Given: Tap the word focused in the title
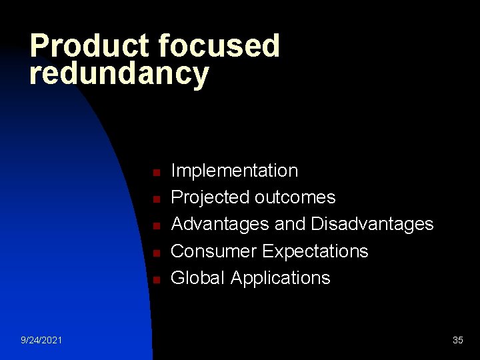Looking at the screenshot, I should [x=219, y=47].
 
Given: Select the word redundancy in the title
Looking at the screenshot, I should [x=119, y=73].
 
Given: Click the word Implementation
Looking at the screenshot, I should [x=235, y=171].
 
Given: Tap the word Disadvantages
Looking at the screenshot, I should [x=372, y=224].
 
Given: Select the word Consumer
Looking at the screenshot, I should [x=214, y=251].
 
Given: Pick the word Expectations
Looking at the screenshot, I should [x=315, y=251].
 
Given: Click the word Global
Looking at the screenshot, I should [x=198, y=278].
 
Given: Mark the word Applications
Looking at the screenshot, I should [x=280, y=278].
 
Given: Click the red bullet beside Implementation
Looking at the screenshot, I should [x=154, y=173].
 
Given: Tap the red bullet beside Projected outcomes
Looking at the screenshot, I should [x=154, y=199].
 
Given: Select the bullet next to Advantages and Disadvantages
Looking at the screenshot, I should [x=154, y=226].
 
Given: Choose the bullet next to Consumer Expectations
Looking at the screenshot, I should [x=154, y=253].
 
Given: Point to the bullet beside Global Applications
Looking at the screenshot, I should [x=154, y=280].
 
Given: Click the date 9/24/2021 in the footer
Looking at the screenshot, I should [x=42, y=341].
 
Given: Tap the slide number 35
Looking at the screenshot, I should [x=458, y=341].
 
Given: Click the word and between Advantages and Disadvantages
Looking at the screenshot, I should [x=289, y=224].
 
